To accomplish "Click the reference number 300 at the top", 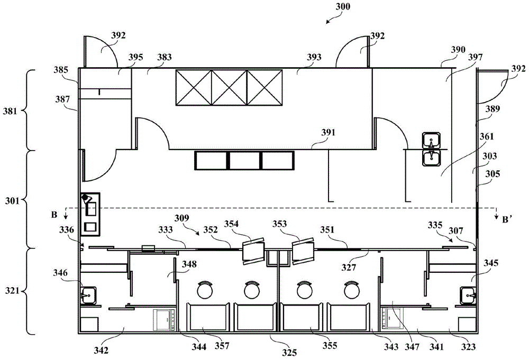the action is [343, 7].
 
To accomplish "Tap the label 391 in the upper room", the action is [329, 133].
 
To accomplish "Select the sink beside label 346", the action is [88, 296].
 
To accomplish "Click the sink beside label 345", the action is [468, 296].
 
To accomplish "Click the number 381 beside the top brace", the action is [10, 111].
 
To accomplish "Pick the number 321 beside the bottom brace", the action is [12, 290].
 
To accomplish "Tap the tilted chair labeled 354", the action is [253, 251].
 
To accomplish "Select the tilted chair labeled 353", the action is [303, 251].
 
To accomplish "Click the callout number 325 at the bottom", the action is [289, 353].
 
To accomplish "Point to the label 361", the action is [487, 136].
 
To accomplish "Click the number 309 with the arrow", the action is [182, 218].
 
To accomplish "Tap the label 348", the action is [189, 264].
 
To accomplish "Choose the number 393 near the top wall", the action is [314, 57].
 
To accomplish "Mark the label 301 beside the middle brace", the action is [12, 201].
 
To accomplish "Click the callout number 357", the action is [222, 346].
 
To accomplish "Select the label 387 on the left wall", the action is [63, 99].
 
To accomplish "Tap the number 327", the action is [349, 267].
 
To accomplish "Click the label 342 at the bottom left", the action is [101, 350].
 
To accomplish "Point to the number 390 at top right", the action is [459, 50].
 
